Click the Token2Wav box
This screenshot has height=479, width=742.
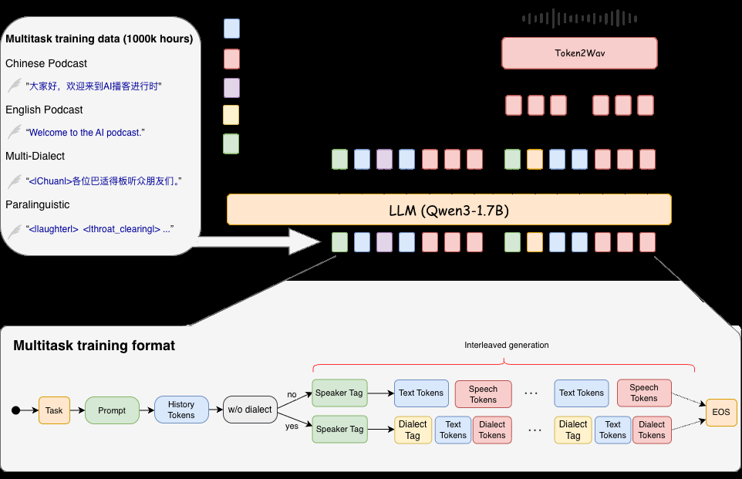click(x=579, y=53)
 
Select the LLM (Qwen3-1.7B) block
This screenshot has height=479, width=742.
click(x=449, y=209)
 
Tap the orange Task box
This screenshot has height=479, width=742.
click(x=54, y=410)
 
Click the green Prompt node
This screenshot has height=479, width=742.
click(x=112, y=410)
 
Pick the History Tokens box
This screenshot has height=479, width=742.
click(x=181, y=410)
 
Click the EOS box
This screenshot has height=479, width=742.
click(x=721, y=413)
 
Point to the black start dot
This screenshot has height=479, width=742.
click(x=15, y=410)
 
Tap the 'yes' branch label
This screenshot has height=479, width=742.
click(x=292, y=426)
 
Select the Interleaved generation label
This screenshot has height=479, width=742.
click(x=506, y=345)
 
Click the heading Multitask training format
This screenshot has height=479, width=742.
click(x=94, y=346)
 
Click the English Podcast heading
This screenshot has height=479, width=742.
click(x=44, y=110)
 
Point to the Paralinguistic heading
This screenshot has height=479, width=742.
click(x=37, y=204)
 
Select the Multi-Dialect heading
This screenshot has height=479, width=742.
click(x=35, y=156)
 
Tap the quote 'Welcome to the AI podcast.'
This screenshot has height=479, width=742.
click(x=86, y=133)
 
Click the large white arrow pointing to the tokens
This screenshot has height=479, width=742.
click(x=255, y=241)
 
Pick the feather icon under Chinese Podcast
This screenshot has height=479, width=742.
click(x=14, y=86)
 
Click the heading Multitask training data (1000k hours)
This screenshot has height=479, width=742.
click(x=99, y=39)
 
